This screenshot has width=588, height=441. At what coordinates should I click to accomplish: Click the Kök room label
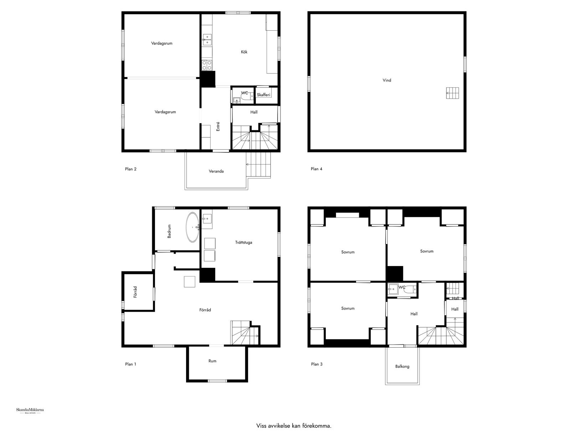point(244,52)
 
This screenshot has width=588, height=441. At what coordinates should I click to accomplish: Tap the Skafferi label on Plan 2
point(264,95)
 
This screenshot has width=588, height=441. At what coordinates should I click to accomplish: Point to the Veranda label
point(216,171)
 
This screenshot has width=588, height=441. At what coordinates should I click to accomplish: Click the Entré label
point(218,127)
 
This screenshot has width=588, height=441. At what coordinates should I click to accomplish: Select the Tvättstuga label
point(244,243)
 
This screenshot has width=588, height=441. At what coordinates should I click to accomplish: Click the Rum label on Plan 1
point(212,361)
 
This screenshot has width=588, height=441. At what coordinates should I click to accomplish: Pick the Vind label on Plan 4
point(387,81)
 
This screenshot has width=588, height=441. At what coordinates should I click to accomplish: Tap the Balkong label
point(402,367)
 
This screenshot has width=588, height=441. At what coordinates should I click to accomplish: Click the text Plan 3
point(316,364)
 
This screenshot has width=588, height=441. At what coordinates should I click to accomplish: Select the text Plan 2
point(131,169)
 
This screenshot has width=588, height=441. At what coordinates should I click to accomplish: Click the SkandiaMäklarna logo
point(30,411)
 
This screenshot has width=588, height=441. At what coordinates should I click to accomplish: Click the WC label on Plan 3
point(402,287)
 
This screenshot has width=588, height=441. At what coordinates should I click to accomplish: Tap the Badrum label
point(169,231)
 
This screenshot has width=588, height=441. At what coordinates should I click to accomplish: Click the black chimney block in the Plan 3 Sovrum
point(395,274)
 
